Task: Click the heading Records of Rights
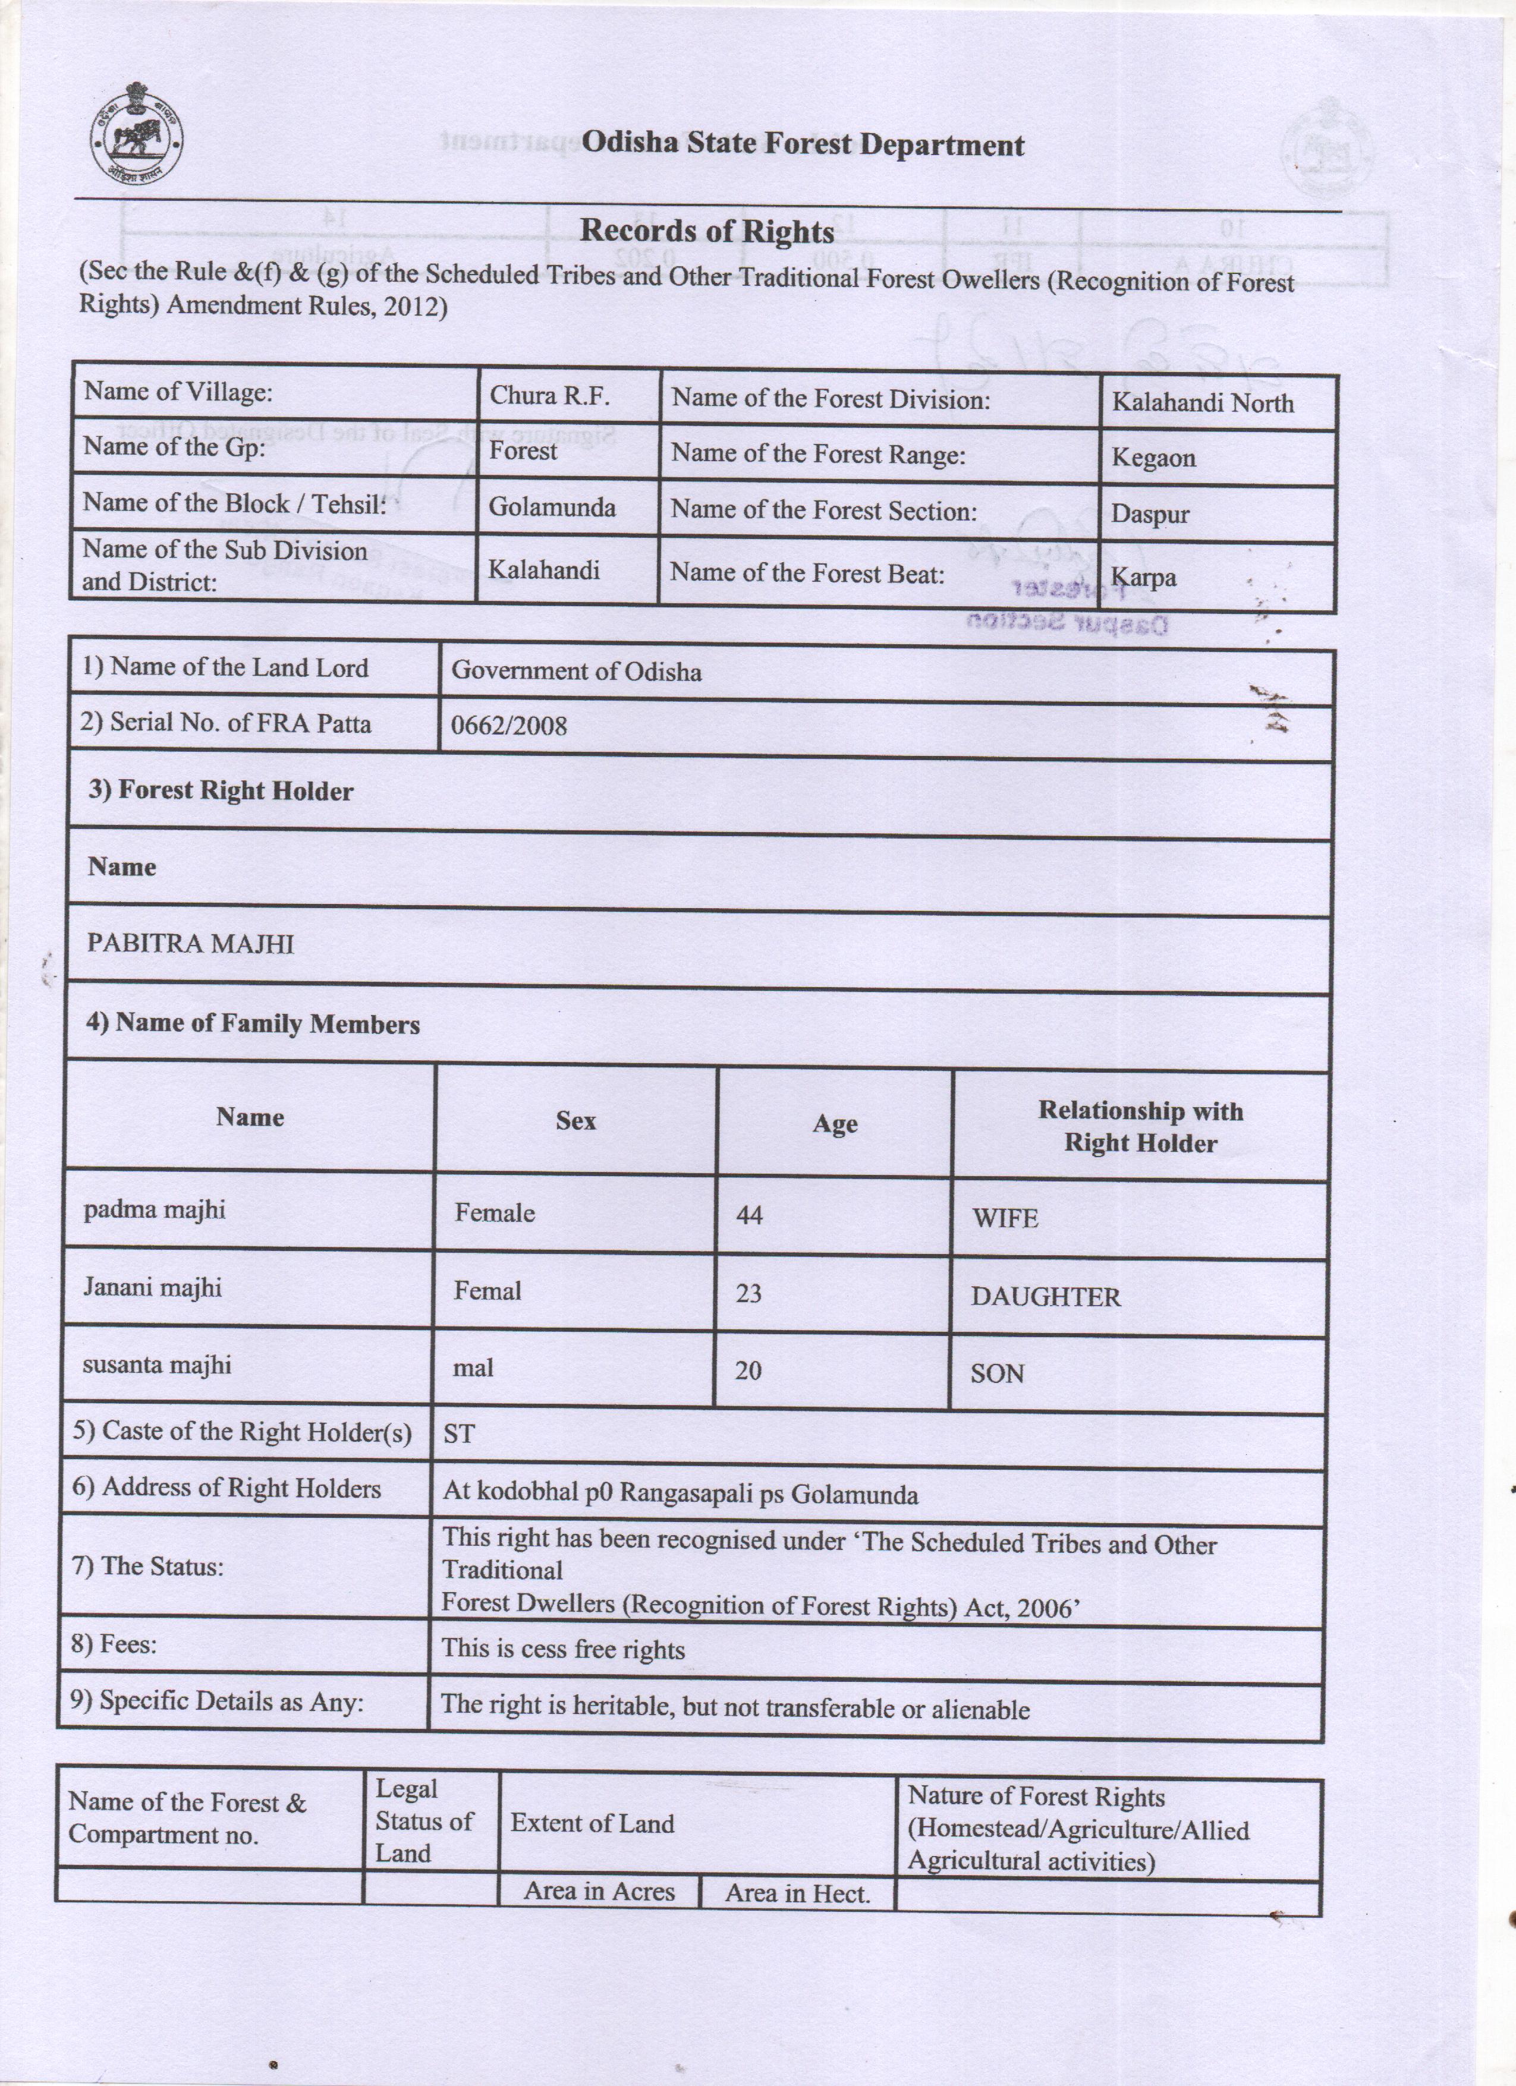pyautogui.click(x=706, y=231)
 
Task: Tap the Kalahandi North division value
pyautogui.click(x=1202, y=403)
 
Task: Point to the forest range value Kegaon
pyautogui.click(x=1153, y=458)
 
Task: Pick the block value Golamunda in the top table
pyautogui.click(x=552, y=507)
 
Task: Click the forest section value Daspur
pyautogui.click(x=1150, y=513)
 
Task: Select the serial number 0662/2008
pyautogui.click(x=509, y=726)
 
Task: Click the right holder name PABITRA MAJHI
pyautogui.click(x=190, y=944)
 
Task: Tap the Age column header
pyautogui.click(x=834, y=1124)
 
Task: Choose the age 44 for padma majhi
pyautogui.click(x=749, y=1215)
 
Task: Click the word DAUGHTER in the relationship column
pyautogui.click(x=1045, y=1297)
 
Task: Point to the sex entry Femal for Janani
pyautogui.click(x=487, y=1291)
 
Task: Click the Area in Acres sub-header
pyautogui.click(x=599, y=1891)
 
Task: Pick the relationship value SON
pyautogui.click(x=997, y=1374)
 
